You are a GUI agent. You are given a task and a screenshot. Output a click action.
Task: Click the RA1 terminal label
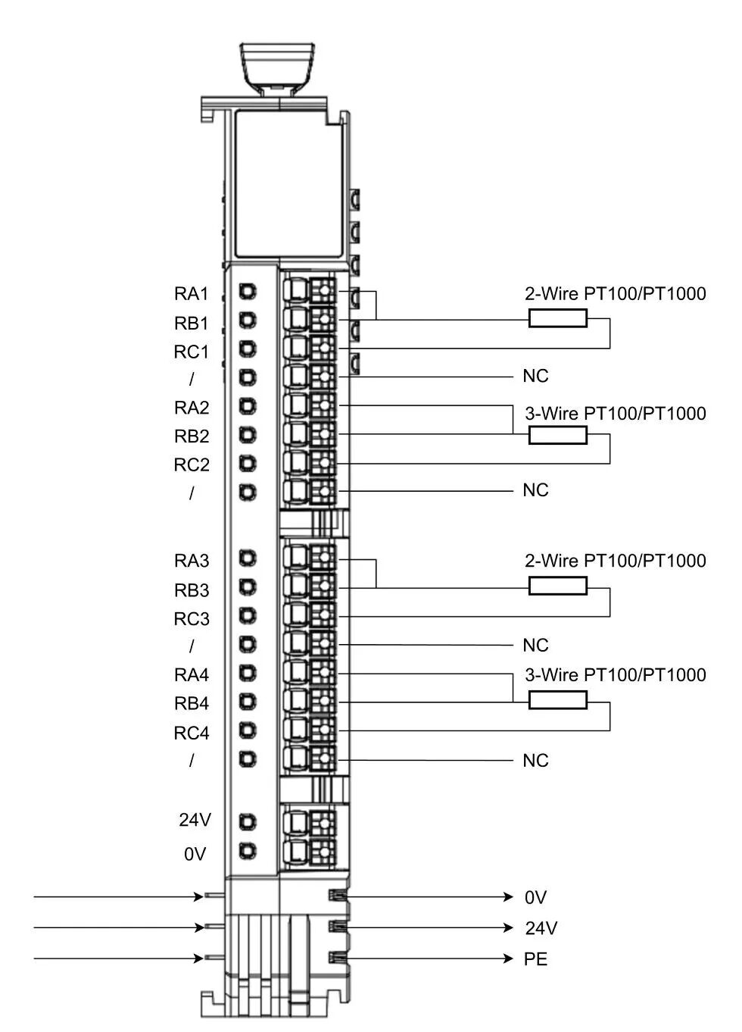click(191, 293)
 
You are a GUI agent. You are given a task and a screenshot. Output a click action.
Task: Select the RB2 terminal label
click(192, 436)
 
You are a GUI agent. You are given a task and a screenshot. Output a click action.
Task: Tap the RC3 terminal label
click(192, 619)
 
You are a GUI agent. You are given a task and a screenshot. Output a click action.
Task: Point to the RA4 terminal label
click(192, 675)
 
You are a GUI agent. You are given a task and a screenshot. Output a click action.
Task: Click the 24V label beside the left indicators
click(195, 820)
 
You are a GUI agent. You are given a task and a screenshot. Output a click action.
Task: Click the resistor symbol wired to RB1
click(557, 318)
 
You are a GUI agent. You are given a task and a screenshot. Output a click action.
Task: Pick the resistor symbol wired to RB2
click(557, 435)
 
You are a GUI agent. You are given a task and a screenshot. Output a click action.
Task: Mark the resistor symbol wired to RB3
click(557, 586)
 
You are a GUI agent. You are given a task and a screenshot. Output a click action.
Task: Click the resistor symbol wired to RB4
click(557, 700)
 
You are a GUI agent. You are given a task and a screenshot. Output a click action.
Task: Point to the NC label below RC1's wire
click(535, 376)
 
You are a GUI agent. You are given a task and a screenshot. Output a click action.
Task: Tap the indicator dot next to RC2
click(248, 463)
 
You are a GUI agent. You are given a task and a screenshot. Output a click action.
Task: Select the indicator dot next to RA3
click(248, 558)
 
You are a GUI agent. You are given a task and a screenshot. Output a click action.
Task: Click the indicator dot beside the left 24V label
click(248, 821)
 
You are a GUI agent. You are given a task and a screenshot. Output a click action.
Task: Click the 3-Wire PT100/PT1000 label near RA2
click(616, 413)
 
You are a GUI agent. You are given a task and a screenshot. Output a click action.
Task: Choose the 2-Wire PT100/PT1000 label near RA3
click(616, 561)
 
